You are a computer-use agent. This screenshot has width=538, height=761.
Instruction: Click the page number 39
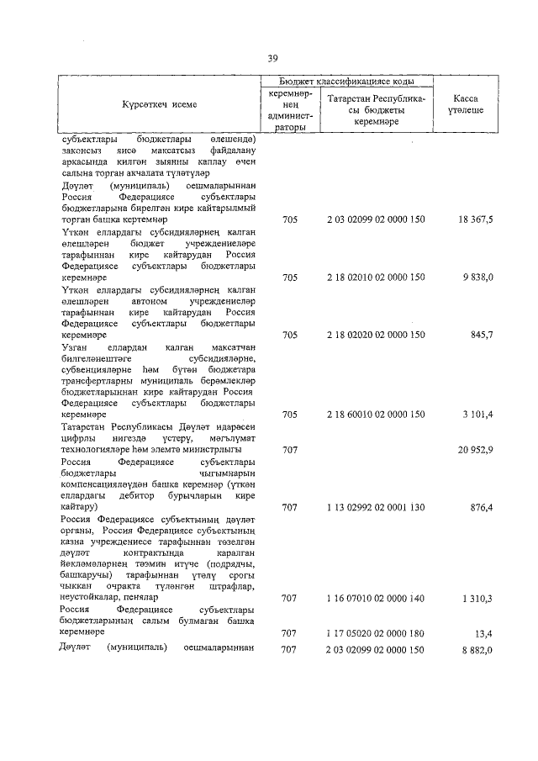pos(272,58)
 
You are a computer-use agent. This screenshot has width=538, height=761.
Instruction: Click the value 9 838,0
pos(482,277)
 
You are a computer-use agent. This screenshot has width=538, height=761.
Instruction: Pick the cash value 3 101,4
pos(482,415)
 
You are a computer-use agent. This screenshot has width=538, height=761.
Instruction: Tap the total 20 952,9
pos(476,450)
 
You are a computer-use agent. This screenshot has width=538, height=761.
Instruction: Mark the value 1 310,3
pos(482,599)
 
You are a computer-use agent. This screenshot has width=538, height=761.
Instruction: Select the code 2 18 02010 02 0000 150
pos(376,277)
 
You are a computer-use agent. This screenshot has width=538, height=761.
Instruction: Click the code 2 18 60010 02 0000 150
pos(376,415)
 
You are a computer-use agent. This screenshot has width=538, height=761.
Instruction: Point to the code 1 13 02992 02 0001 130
pos(376,507)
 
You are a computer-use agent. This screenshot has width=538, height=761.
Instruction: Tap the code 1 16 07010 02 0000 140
pos(376,599)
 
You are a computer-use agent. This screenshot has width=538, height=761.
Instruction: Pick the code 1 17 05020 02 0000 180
pos(376,632)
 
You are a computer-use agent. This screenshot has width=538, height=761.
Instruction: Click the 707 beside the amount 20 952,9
pos(289,450)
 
